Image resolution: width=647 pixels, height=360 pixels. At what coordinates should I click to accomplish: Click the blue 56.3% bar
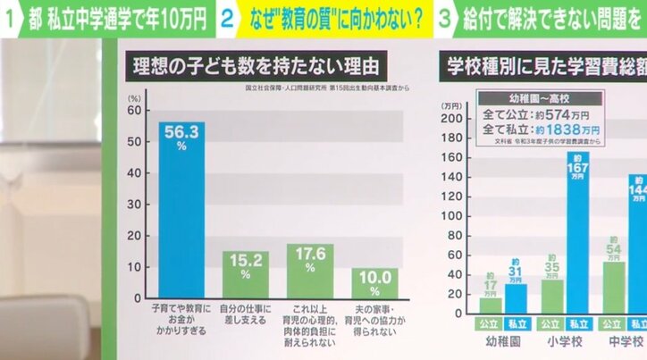181,210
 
